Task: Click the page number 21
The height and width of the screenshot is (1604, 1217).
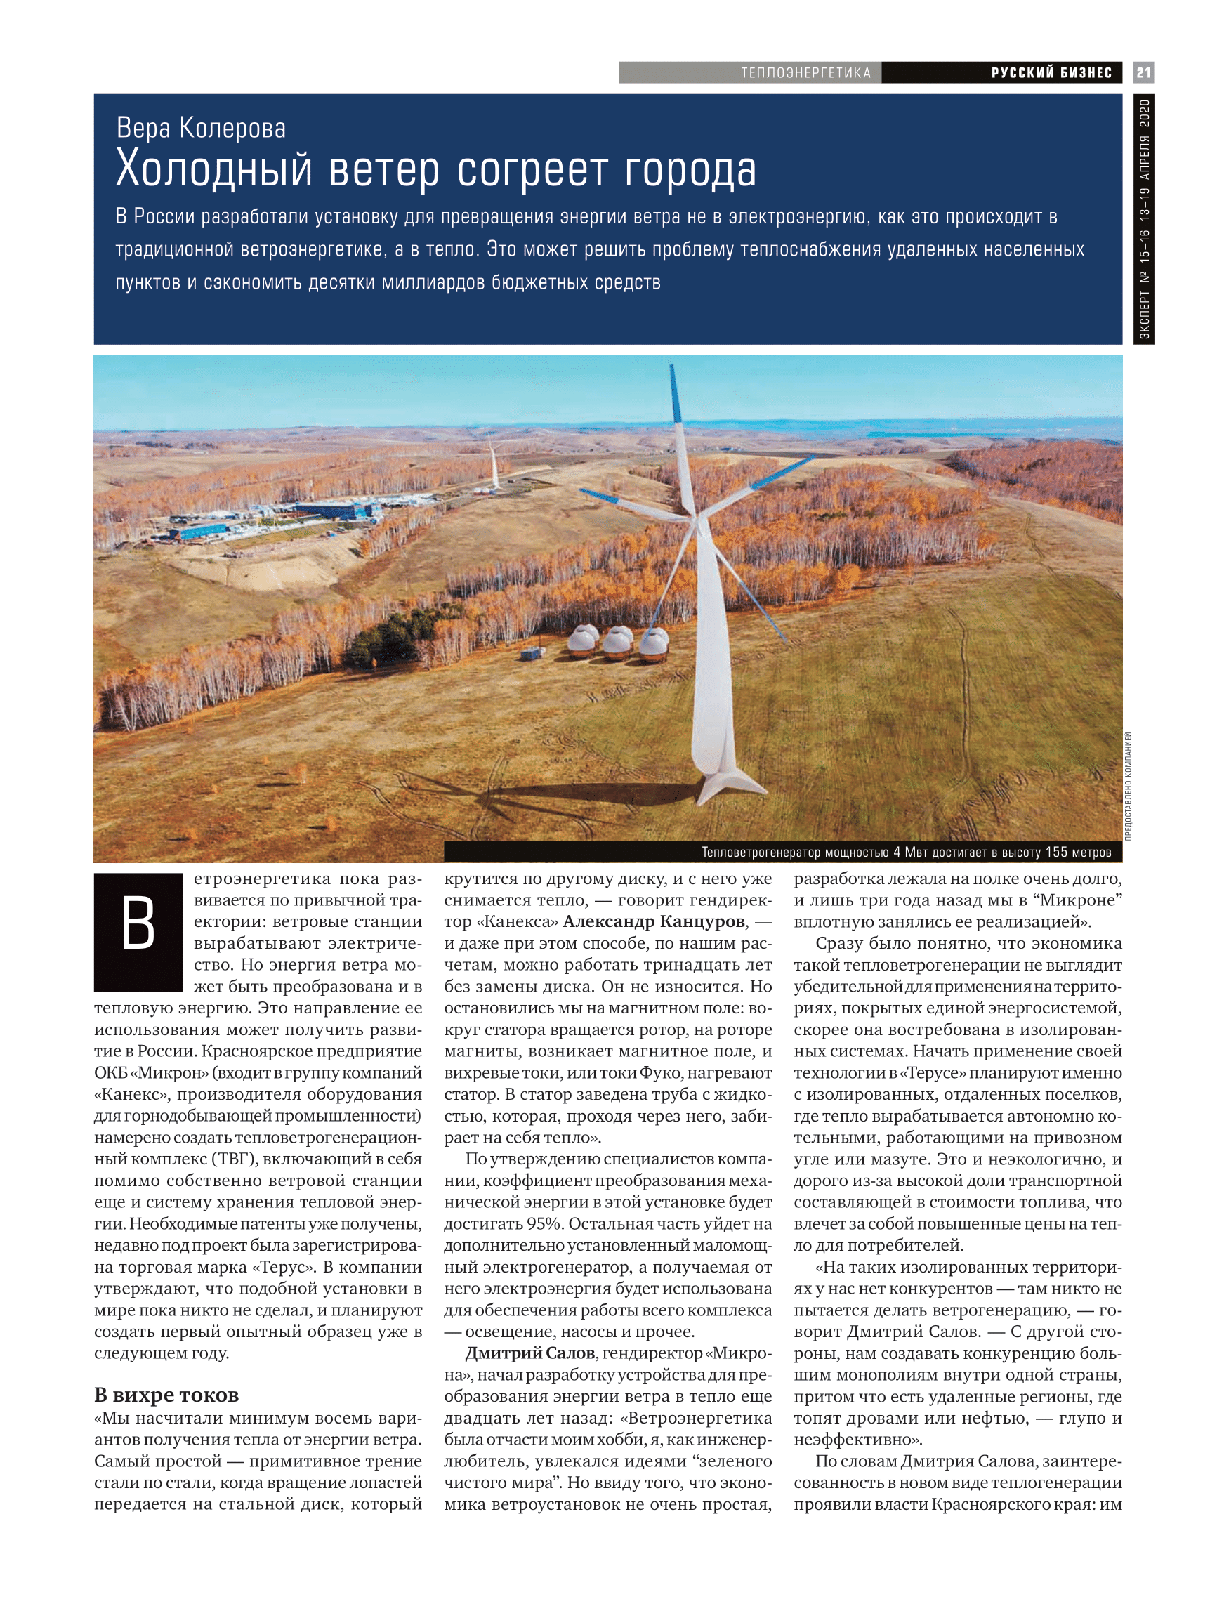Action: pyautogui.click(x=1143, y=72)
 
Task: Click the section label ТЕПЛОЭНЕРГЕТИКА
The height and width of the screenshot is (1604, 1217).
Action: pyautogui.click(x=805, y=72)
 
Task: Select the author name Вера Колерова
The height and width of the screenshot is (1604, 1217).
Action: pyautogui.click(x=201, y=128)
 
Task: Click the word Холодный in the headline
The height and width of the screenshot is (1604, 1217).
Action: pyautogui.click(x=214, y=170)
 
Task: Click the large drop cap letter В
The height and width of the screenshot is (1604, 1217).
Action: pyautogui.click(x=138, y=931)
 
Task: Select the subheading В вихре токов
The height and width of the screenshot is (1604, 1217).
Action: pyautogui.click(x=166, y=1395)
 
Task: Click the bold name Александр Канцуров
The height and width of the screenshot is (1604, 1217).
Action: pyautogui.click(x=654, y=921)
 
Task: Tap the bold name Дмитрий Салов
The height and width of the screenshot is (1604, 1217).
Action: pyautogui.click(x=529, y=1353)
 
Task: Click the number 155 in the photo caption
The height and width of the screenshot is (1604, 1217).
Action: pyautogui.click(x=1058, y=852)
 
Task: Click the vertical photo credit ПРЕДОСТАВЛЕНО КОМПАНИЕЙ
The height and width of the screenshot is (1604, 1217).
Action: pyautogui.click(x=1128, y=786)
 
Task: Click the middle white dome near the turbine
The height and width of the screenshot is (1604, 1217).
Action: pyautogui.click(x=618, y=643)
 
